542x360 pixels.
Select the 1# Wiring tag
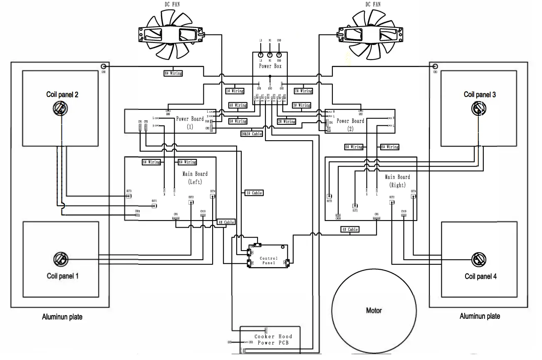[235, 91]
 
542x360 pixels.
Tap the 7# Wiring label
[303, 91]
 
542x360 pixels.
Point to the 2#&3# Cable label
[251, 134]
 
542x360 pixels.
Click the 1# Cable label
[253, 193]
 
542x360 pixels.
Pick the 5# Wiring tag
[238, 121]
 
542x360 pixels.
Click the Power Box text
[271, 66]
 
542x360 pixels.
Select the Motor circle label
[374, 310]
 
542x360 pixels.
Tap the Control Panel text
[268, 261]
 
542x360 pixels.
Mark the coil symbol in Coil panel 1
[60, 260]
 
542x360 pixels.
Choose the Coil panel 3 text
[480, 95]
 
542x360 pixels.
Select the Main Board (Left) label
[195, 178]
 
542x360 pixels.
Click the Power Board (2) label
[350, 124]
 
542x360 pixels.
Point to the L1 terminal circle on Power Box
[261, 55]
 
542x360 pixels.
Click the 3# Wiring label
[302, 105]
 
